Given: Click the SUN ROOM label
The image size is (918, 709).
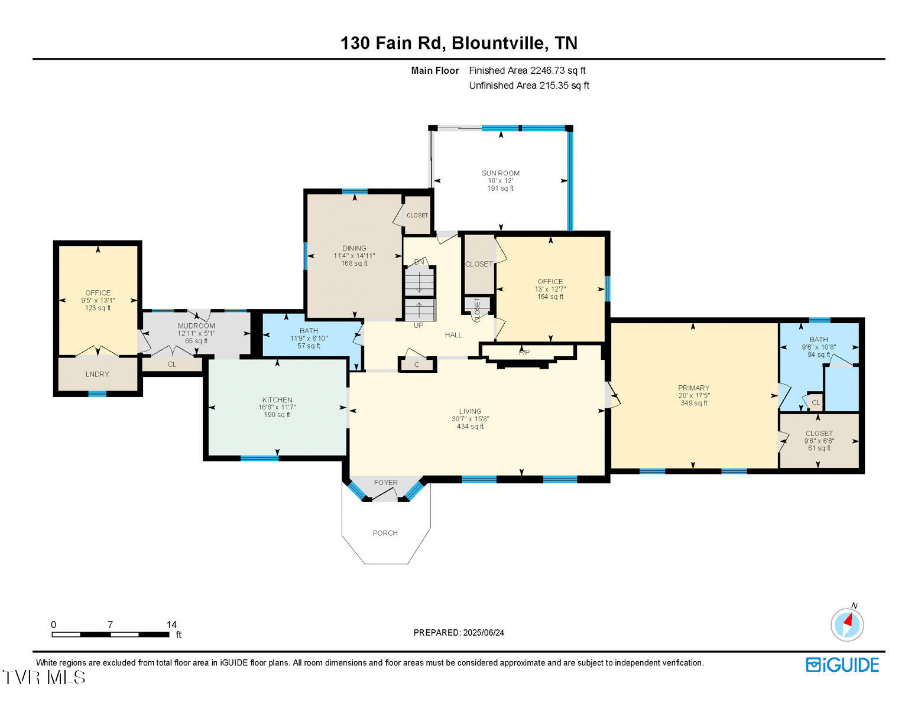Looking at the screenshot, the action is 500,173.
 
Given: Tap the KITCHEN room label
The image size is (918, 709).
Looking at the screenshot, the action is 277,400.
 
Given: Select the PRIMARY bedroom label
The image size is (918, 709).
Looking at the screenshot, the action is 694,388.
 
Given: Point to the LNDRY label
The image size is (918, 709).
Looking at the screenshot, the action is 97,374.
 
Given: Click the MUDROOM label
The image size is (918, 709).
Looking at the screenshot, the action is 196,326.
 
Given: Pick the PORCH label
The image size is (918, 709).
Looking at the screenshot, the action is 385,533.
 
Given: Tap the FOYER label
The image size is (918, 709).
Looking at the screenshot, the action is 385,482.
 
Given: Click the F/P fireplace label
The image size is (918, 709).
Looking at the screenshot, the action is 524,352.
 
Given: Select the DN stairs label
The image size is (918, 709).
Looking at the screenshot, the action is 419,262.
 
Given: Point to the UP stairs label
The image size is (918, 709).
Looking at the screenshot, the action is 419,325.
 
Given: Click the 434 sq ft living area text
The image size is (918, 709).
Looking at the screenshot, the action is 470,427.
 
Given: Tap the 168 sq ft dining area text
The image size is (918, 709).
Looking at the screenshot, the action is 354,264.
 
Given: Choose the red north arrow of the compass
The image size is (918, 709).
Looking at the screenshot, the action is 848,619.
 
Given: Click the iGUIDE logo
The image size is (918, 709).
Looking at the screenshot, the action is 842,665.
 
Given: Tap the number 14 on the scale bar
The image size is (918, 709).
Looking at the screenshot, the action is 171,625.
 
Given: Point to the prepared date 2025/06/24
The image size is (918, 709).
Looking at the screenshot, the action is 484,633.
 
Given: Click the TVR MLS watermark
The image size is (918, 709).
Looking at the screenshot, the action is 44,677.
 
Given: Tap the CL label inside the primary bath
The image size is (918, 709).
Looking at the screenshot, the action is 815,403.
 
